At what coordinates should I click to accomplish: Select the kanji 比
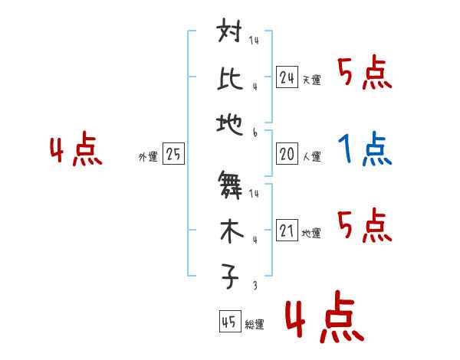point(231,78)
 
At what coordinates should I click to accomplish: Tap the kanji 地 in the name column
point(231,121)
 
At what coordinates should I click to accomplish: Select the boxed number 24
point(287,77)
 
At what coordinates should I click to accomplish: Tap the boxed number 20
point(287,154)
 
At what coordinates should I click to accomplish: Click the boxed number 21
point(287,231)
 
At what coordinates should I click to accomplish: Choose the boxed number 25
point(172,154)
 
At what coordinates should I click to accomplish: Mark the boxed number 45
point(228,322)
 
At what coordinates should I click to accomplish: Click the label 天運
point(311,80)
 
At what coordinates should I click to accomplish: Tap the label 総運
point(255,325)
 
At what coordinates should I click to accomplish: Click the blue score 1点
point(365,149)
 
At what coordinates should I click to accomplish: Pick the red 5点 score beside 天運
point(364,74)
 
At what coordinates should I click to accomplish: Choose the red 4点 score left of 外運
point(76,150)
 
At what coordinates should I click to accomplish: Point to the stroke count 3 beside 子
point(254,285)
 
